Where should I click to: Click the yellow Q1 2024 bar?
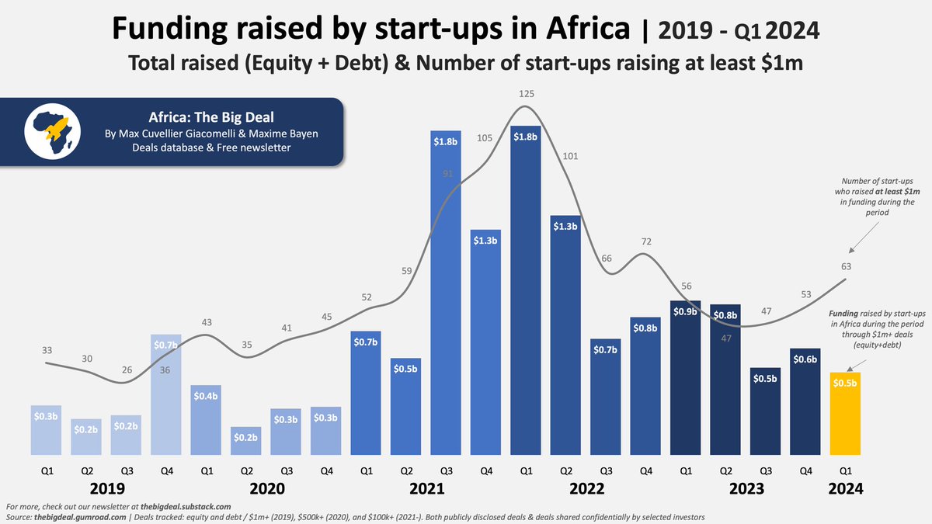[x=845, y=413]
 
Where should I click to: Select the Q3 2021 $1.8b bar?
[x=446, y=293]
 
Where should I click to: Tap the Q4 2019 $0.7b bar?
[x=166, y=394]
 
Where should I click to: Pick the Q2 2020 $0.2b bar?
[x=246, y=441]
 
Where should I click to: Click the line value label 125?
[x=527, y=94]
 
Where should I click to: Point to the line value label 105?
[x=485, y=138]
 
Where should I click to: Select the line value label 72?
[x=646, y=241]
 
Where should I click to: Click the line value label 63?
[x=846, y=266]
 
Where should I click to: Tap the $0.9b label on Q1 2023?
[x=685, y=311]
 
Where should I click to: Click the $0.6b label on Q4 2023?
[x=805, y=359]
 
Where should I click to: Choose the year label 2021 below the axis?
[x=427, y=488]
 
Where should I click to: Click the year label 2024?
[x=846, y=488]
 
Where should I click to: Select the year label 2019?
[x=107, y=488]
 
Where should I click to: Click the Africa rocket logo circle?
[x=53, y=131]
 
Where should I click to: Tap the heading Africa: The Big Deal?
[x=211, y=117]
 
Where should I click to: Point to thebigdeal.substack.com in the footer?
[x=186, y=506]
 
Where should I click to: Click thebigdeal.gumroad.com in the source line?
[x=80, y=517]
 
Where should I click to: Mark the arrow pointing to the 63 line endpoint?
[x=864, y=237]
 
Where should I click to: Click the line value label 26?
[x=127, y=370]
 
